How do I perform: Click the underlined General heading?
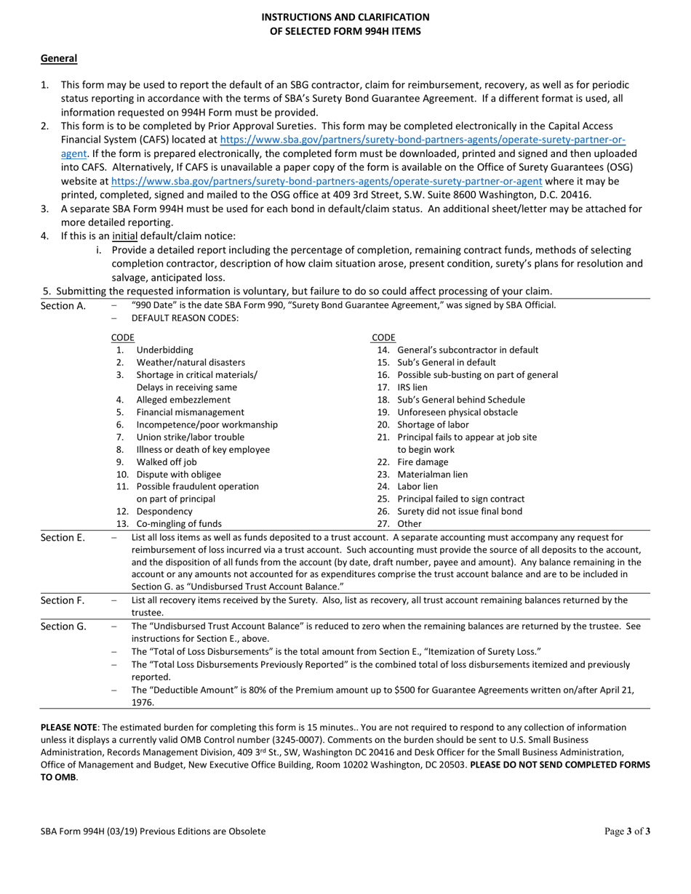click(x=59, y=58)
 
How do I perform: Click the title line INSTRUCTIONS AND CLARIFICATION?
click(x=345, y=17)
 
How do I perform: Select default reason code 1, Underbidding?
click(x=164, y=350)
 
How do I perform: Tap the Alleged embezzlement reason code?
click(x=183, y=400)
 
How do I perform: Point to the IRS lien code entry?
click(x=412, y=387)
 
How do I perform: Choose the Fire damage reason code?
click(x=423, y=462)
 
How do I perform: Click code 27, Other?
click(x=410, y=524)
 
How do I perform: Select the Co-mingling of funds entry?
click(x=179, y=524)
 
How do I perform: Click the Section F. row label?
click(x=63, y=600)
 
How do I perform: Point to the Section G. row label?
click(x=63, y=626)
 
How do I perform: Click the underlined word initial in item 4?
click(x=124, y=236)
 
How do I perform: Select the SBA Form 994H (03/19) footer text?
click(x=153, y=831)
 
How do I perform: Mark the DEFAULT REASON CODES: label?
click(x=185, y=318)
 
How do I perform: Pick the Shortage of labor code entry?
click(x=433, y=424)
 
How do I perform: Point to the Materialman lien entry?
click(x=433, y=475)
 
